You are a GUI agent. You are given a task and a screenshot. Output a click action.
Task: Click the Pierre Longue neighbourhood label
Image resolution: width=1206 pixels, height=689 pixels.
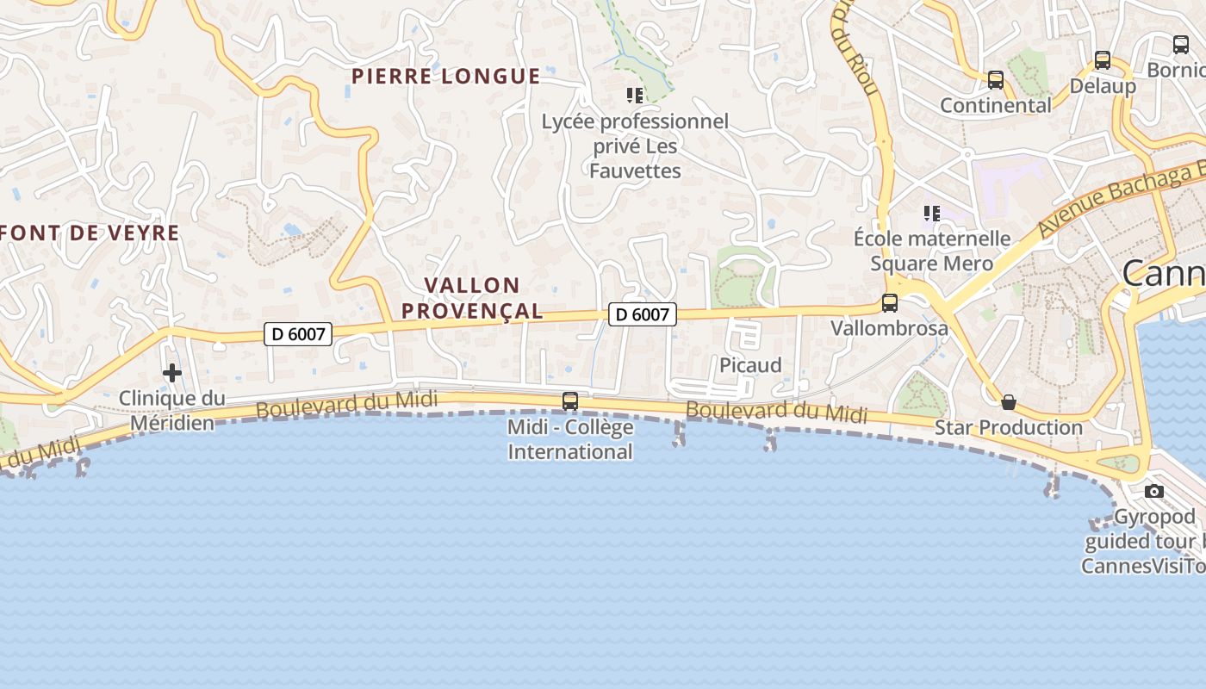(445, 76)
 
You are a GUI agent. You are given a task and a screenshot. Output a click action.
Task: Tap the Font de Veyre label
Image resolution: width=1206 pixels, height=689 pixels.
(90, 233)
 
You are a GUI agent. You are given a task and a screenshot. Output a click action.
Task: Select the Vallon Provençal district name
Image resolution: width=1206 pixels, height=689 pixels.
(472, 298)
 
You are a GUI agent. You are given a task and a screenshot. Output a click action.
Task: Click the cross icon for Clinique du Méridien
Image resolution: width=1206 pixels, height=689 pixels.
(172, 373)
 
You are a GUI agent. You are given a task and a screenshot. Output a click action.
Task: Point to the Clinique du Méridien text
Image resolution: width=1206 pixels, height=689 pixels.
(171, 410)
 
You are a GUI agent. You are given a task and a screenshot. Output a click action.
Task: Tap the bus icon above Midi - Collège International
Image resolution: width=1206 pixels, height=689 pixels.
(570, 400)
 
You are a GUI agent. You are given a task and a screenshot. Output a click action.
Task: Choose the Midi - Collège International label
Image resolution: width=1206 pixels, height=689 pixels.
(570, 439)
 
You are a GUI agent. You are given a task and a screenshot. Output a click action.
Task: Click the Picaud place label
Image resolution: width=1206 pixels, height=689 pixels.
(750, 365)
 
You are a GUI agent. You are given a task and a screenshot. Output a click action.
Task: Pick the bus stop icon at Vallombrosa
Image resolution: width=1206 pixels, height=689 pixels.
(890, 303)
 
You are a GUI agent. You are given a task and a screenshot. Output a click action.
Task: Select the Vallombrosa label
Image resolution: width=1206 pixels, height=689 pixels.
(889, 328)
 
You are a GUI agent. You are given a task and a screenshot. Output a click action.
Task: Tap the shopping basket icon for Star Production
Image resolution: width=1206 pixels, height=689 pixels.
(1009, 402)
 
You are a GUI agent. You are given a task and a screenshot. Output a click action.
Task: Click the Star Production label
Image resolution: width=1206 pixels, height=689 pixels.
(1009, 427)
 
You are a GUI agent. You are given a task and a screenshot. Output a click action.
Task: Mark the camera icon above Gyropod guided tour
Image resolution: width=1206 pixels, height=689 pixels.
(1154, 492)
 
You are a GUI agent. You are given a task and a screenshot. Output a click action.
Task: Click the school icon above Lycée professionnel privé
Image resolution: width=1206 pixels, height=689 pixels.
(635, 96)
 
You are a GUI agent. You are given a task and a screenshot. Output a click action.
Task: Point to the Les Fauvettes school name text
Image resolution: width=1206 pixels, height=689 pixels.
(635, 146)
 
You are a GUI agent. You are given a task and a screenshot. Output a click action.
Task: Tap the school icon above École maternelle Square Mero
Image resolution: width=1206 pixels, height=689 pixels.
(931, 213)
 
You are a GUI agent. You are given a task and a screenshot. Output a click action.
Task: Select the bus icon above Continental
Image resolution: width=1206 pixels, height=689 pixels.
(996, 80)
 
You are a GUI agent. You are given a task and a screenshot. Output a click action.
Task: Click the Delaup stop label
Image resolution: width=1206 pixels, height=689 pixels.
(1103, 86)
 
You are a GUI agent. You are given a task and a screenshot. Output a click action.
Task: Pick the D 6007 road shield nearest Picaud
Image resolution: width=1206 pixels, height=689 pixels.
(643, 314)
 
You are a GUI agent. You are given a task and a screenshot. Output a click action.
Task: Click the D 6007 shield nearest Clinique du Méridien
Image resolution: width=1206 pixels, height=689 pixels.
(298, 333)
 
